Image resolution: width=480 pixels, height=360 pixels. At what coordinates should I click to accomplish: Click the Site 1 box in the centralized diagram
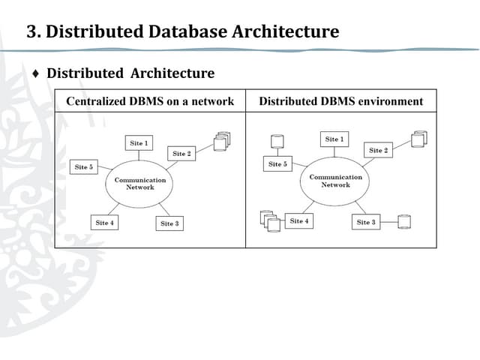click(137, 142)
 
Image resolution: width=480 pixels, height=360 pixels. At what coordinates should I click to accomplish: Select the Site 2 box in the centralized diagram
click(181, 154)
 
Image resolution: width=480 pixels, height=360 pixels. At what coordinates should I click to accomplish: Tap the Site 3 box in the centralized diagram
click(169, 223)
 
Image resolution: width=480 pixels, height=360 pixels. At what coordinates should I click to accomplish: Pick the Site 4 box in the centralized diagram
click(104, 223)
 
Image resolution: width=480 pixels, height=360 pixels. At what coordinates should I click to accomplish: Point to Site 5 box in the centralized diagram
click(83, 167)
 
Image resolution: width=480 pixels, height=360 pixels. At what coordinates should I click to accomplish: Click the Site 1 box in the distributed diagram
click(334, 139)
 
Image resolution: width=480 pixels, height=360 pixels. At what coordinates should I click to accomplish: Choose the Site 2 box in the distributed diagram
click(378, 150)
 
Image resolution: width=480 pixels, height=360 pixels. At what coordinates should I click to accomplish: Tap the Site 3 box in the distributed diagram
click(366, 222)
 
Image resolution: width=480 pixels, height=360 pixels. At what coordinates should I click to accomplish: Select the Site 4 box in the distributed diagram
click(299, 221)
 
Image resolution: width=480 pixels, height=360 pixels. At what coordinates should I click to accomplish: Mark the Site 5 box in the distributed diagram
click(277, 163)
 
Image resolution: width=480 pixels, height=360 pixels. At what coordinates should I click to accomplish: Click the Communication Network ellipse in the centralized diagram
click(139, 183)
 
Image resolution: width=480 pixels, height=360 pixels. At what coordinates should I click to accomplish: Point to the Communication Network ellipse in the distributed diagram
click(335, 181)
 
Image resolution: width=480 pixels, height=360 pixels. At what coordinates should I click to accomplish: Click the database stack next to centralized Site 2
click(221, 140)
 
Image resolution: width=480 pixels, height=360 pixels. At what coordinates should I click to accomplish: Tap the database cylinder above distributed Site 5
click(277, 142)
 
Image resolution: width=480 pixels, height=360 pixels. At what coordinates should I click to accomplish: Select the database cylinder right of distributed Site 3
click(404, 222)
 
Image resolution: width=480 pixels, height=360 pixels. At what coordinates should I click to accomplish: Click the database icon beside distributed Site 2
click(418, 139)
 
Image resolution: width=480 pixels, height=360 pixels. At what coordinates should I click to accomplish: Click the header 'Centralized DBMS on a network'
click(150, 101)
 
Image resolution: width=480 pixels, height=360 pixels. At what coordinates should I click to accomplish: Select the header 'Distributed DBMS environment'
click(340, 101)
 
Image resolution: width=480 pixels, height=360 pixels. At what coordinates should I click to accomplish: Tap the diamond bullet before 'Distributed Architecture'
click(35, 73)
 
